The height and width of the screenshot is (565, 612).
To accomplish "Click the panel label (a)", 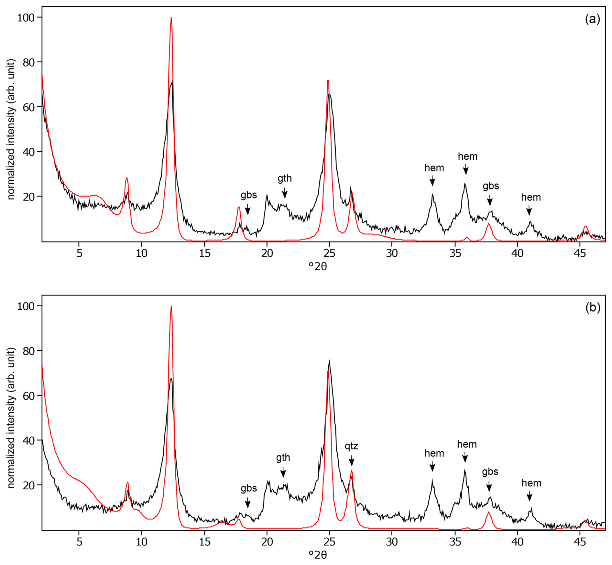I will tap(593, 19).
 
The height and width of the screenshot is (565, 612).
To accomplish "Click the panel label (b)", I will tap(593, 308).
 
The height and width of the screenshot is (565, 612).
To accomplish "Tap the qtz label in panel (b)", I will tap(351, 446).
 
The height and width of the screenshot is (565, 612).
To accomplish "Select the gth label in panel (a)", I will tap(285, 178).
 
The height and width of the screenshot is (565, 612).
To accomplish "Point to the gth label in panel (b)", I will tap(283, 457).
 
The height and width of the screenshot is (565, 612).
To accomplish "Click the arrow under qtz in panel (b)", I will tap(352, 461).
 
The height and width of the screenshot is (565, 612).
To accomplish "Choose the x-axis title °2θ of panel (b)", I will tap(318, 555).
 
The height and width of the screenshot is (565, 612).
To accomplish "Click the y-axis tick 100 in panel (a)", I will tap(26, 17).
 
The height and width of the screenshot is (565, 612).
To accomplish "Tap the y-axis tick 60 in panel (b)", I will tap(29, 396).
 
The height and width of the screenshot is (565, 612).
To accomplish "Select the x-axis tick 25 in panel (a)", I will tap(329, 253).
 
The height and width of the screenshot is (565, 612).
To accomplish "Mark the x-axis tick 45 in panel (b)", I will tap(580, 542).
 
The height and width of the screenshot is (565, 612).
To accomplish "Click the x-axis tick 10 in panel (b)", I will tap(141, 542).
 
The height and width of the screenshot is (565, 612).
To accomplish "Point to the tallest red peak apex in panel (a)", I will tap(171, 18).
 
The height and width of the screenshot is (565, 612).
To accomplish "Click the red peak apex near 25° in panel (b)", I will tap(328, 371).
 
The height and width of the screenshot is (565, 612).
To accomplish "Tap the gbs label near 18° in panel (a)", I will tap(249, 195).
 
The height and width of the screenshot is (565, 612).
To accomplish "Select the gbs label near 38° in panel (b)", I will tap(490, 472).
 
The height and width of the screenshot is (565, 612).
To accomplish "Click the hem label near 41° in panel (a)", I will tap(531, 197).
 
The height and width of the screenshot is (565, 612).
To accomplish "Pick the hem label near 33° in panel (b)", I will tap(434, 453).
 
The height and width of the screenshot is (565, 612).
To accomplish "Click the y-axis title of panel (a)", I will tap(11, 129).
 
